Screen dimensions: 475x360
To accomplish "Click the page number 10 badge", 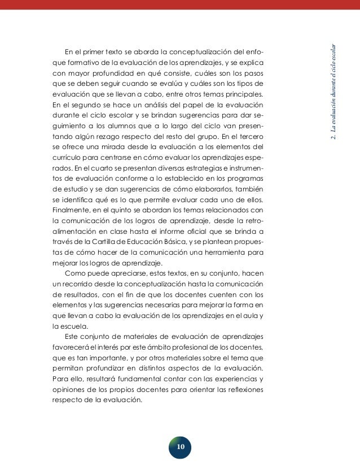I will pos(180,447).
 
